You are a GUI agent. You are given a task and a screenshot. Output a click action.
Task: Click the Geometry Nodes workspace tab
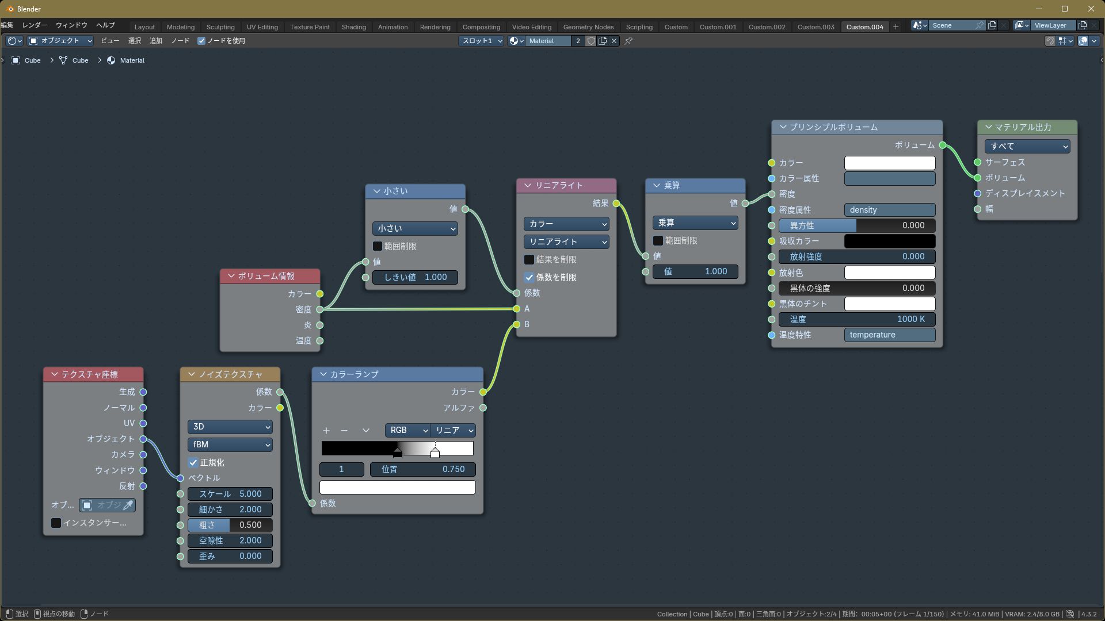[x=588, y=27]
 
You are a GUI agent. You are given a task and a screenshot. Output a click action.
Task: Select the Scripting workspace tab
[x=639, y=27]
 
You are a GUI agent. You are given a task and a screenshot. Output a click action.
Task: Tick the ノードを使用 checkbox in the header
[x=201, y=41]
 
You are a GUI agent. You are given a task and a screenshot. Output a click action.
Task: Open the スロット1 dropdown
[x=481, y=41]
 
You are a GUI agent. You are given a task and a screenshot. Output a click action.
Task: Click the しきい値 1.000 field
[x=415, y=277]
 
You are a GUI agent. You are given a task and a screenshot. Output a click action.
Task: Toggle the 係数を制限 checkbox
[x=529, y=277]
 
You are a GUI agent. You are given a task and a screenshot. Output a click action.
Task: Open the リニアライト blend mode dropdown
[x=566, y=242]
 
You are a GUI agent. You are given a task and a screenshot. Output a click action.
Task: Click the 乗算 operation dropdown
[x=695, y=223]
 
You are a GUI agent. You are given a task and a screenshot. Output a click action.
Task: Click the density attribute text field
[x=890, y=210]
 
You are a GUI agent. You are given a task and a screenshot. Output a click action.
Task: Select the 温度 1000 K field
[x=857, y=319]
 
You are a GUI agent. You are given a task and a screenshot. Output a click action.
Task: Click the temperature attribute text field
[x=890, y=335]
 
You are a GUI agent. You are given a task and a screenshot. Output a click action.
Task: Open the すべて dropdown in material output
[x=1027, y=146]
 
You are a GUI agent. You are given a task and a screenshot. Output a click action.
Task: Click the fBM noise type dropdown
[x=230, y=444]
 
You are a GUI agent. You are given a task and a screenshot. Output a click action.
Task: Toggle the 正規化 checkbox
[x=193, y=463]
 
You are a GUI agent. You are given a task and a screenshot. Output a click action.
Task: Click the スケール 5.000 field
[x=230, y=494]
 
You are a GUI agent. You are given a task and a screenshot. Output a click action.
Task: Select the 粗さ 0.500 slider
[x=230, y=525]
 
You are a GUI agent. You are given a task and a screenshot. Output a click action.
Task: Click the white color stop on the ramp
[x=435, y=453]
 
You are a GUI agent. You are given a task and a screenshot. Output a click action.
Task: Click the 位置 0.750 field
[x=423, y=469]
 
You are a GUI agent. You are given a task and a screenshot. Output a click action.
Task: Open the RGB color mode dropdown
[x=407, y=430]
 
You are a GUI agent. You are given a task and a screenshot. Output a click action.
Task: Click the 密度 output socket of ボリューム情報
[x=320, y=309]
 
